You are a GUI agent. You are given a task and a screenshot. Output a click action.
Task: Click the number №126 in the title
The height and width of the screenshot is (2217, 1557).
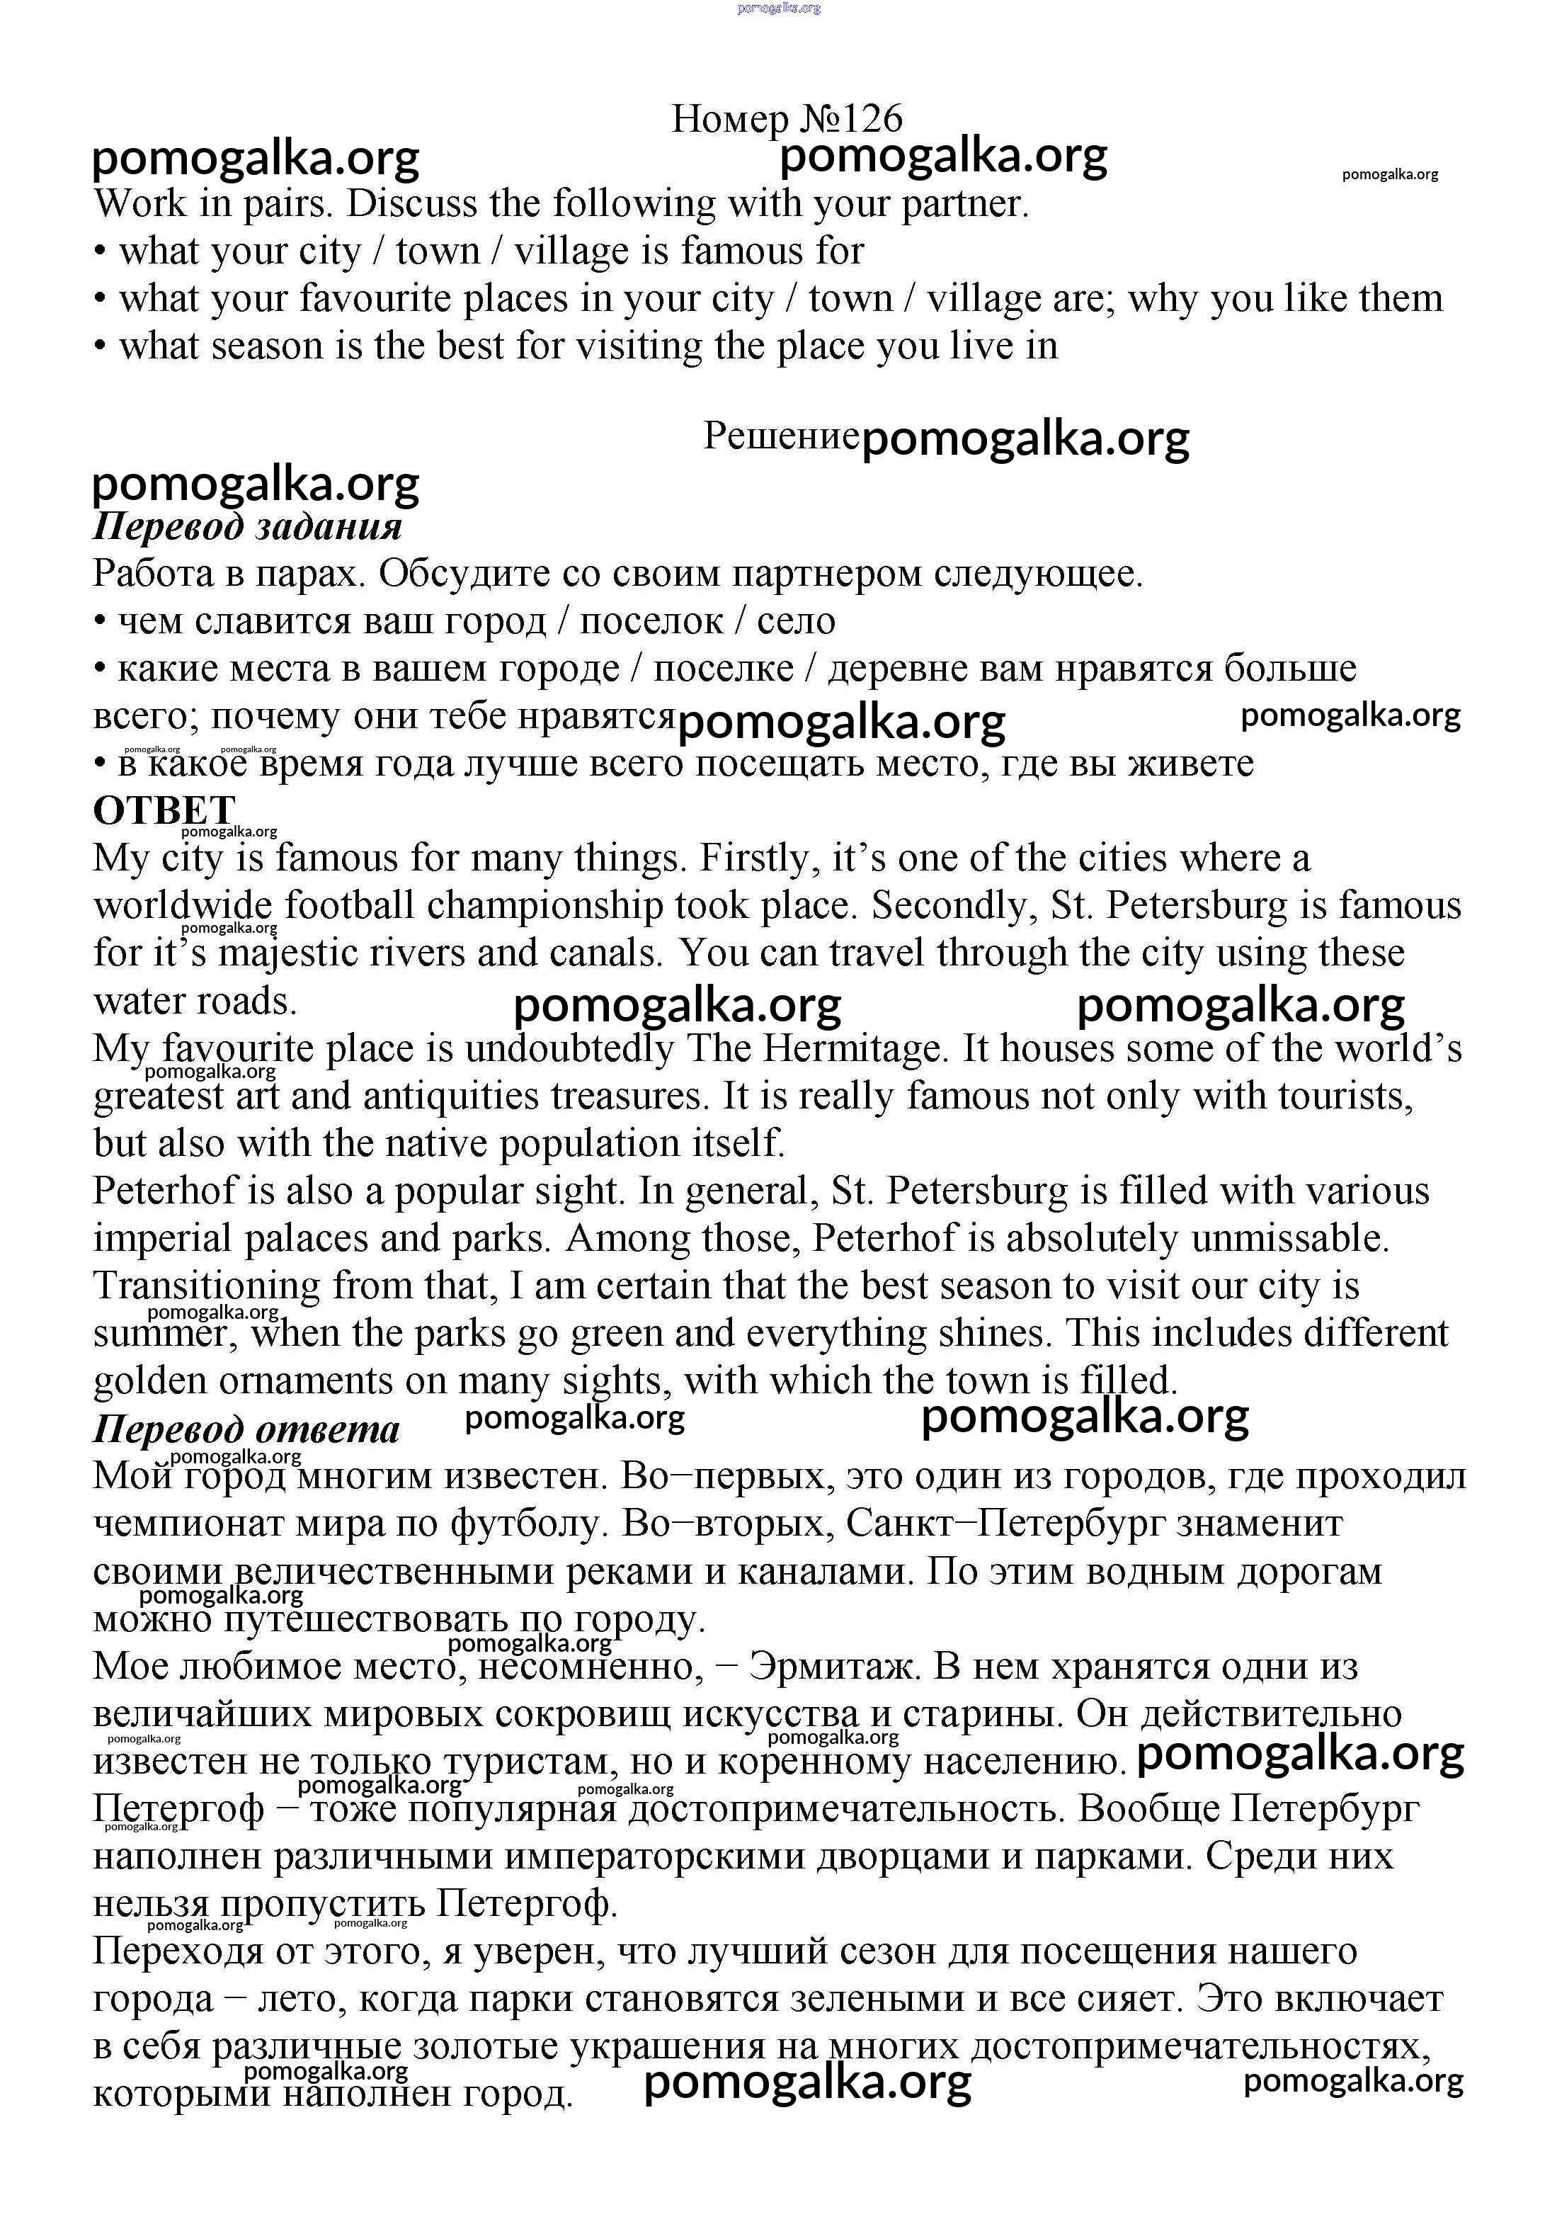[x=850, y=119]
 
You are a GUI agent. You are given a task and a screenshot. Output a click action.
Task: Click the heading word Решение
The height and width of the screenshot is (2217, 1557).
[x=780, y=436]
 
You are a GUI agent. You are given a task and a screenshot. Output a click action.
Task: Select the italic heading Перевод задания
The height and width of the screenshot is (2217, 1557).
[x=247, y=526]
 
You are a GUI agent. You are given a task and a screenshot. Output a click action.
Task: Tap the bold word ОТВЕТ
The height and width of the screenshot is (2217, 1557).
[x=164, y=809]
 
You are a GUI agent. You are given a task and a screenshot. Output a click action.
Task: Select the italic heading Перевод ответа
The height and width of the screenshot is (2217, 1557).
[x=246, y=1429]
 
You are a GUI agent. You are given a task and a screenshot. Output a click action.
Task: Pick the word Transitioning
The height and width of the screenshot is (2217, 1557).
[x=207, y=1286]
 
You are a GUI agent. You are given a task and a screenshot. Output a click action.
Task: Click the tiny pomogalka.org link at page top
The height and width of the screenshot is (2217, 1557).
[x=778, y=8]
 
